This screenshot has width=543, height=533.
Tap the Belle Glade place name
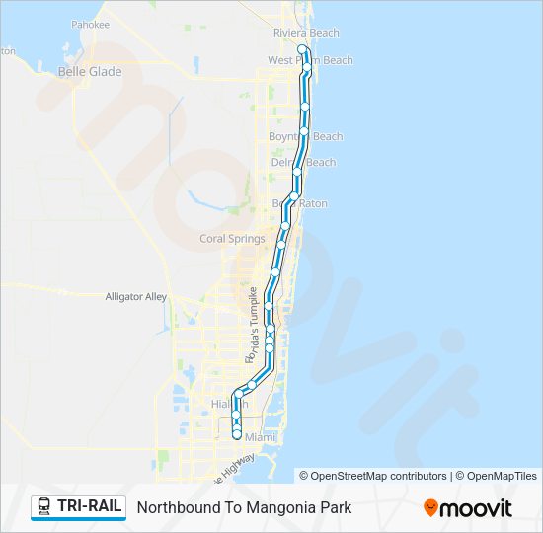point(90,72)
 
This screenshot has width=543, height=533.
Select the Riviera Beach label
point(306,33)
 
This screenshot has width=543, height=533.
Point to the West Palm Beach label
point(310,60)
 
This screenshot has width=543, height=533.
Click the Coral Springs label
point(232,239)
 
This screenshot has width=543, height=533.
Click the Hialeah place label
point(230,405)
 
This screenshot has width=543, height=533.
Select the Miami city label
point(261,435)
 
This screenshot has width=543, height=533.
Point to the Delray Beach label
point(303,163)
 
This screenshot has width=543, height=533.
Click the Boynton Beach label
point(306,136)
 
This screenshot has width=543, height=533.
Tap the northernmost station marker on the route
point(301,48)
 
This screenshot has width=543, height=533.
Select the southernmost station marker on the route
point(237,434)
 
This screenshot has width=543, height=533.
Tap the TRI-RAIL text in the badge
point(90,507)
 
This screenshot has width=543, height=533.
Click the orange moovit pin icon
point(431,507)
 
